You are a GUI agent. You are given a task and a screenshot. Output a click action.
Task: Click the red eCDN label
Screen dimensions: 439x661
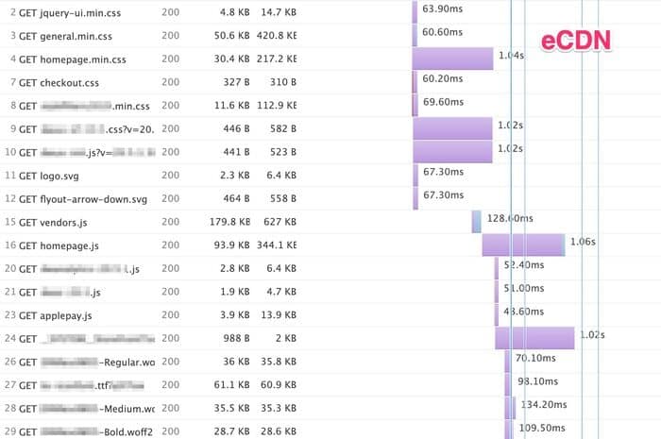[576, 42]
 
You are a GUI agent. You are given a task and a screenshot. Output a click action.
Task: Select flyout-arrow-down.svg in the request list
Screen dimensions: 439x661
[91, 198]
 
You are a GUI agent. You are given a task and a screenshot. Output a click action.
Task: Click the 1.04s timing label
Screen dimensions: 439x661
[510, 56]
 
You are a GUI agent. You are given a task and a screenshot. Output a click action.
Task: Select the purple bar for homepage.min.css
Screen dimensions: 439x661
[452, 59]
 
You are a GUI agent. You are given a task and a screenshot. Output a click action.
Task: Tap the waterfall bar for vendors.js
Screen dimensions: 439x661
[477, 221]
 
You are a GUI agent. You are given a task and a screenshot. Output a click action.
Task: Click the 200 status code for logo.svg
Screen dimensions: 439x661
[170, 175]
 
